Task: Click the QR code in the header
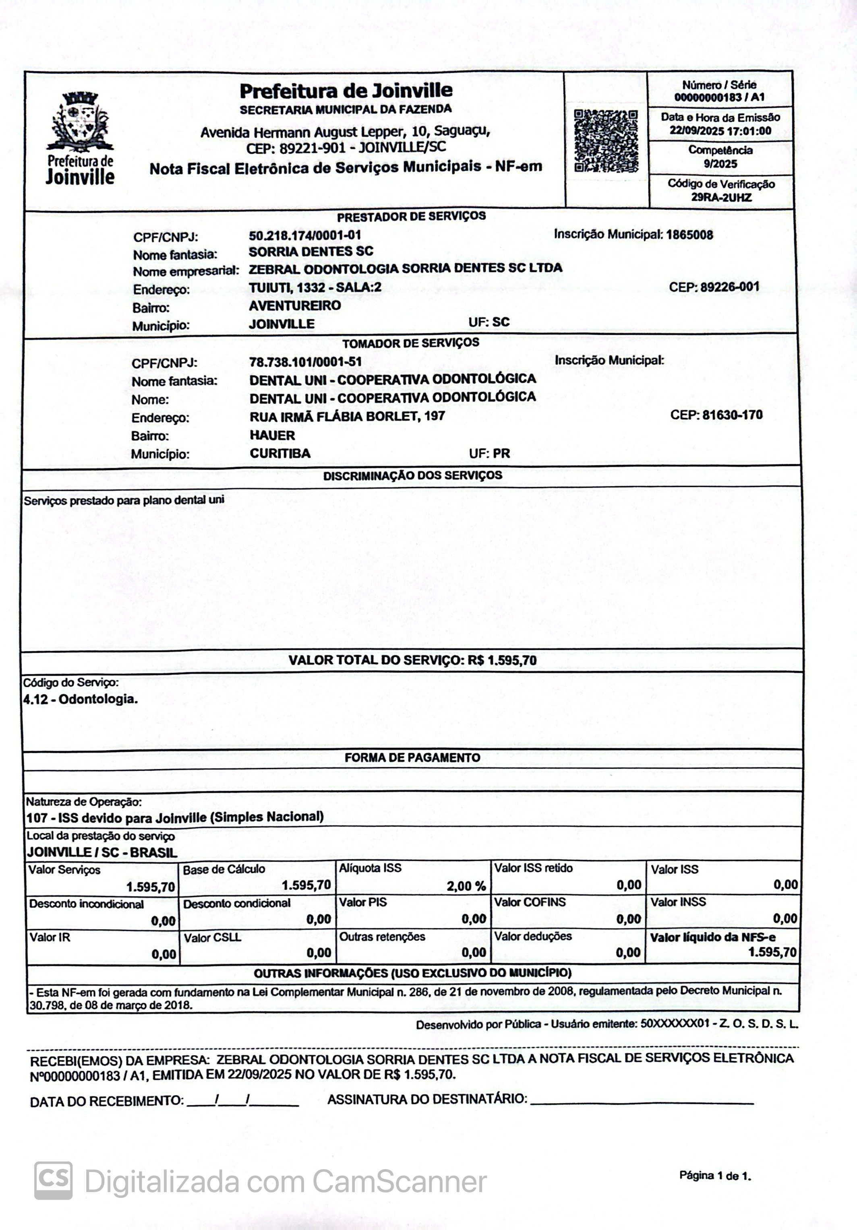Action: (x=606, y=141)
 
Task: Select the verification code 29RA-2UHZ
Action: (x=721, y=198)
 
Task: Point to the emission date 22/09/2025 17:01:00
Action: (x=720, y=131)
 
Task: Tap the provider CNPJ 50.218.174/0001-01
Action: (x=305, y=235)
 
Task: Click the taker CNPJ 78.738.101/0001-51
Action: (x=306, y=362)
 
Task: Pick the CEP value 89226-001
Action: (x=729, y=287)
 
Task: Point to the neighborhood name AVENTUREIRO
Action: (x=295, y=306)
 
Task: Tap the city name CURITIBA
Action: (x=280, y=454)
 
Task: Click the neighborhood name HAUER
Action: (x=272, y=435)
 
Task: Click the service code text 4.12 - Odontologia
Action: (x=81, y=699)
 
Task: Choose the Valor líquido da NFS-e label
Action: (x=712, y=937)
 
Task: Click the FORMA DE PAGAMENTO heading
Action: (x=412, y=757)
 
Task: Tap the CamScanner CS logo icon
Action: (x=53, y=1180)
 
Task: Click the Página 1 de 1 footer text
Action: (x=715, y=1176)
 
